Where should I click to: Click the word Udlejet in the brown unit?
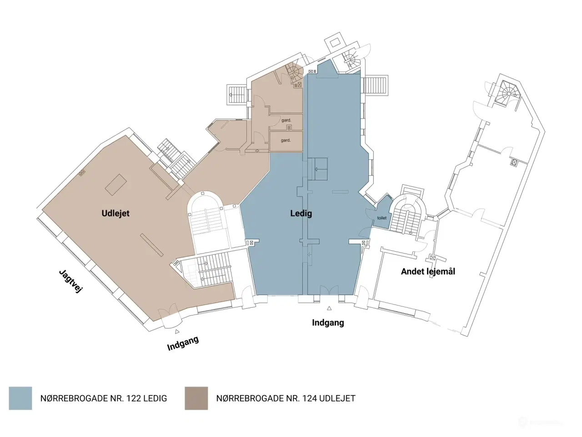click(115, 213)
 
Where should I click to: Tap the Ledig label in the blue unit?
click(301, 213)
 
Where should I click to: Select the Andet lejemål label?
click(428, 271)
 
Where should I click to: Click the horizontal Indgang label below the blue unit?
click(328, 323)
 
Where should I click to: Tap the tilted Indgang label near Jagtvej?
click(183, 343)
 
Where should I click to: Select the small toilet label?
click(382, 218)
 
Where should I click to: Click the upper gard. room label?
click(286, 121)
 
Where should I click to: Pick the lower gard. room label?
click(286, 140)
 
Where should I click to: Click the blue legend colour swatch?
click(20, 398)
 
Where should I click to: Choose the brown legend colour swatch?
click(196, 398)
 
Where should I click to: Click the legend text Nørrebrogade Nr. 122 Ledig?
click(104, 398)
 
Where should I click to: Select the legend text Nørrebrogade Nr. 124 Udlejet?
click(286, 398)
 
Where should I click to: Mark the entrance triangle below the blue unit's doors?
click(329, 309)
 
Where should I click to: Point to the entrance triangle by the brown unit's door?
click(177, 332)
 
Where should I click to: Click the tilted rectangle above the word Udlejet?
click(116, 183)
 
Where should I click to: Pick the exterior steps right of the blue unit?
click(376, 85)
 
